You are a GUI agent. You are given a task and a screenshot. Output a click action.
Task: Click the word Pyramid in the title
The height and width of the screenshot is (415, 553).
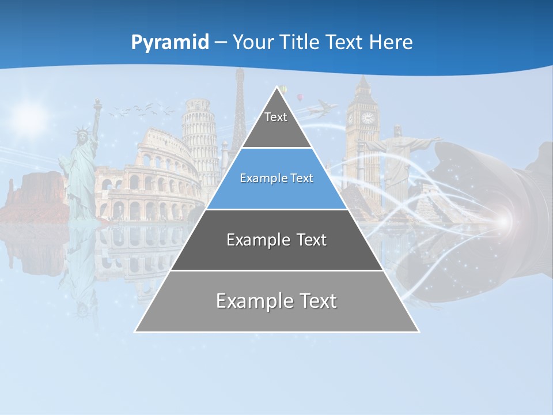170,43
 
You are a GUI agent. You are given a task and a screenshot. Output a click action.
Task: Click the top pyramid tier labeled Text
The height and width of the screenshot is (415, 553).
276,118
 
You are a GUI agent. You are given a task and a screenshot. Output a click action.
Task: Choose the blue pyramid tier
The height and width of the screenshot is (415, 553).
276,179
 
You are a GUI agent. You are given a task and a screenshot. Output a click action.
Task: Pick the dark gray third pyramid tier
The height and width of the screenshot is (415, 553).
276,240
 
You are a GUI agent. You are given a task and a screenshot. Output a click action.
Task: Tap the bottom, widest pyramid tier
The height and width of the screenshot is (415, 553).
276,301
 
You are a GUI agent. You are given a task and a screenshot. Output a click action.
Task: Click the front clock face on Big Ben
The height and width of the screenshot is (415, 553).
367,118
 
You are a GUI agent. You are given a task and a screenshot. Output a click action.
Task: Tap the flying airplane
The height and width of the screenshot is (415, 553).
322,108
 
